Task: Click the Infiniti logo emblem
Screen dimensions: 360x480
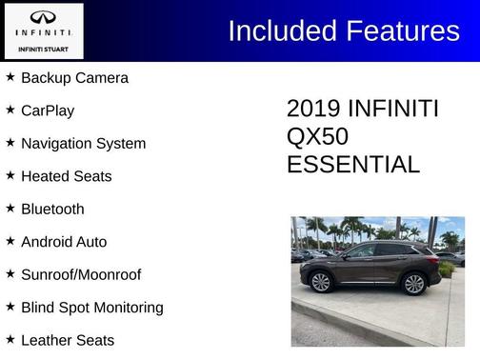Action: (x=43, y=17)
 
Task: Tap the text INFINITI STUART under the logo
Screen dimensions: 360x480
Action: (x=43, y=48)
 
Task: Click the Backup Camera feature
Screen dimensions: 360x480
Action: (x=74, y=78)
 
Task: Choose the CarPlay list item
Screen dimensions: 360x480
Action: (x=48, y=110)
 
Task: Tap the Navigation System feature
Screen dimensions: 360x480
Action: (x=83, y=144)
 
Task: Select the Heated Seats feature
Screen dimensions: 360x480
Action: (x=66, y=176)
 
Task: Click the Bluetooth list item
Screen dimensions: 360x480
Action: (x=52, y=210)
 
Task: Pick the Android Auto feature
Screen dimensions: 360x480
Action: (x=64, y=242)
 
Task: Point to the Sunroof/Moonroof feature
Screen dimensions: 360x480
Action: (x=81, y=274)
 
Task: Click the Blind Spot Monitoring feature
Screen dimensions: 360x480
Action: (x=91, y=308)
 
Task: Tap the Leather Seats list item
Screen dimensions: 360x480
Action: (x=68, y=340)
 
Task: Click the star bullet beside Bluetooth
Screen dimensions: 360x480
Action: (x=10, y=208)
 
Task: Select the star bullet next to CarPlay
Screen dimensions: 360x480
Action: (x=10, y=110)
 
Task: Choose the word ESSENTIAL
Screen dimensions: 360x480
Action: (x=352, y=165)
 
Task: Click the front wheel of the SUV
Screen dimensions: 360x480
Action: (x=321, y=283)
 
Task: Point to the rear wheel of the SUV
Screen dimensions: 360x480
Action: (x=413, y=283)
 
